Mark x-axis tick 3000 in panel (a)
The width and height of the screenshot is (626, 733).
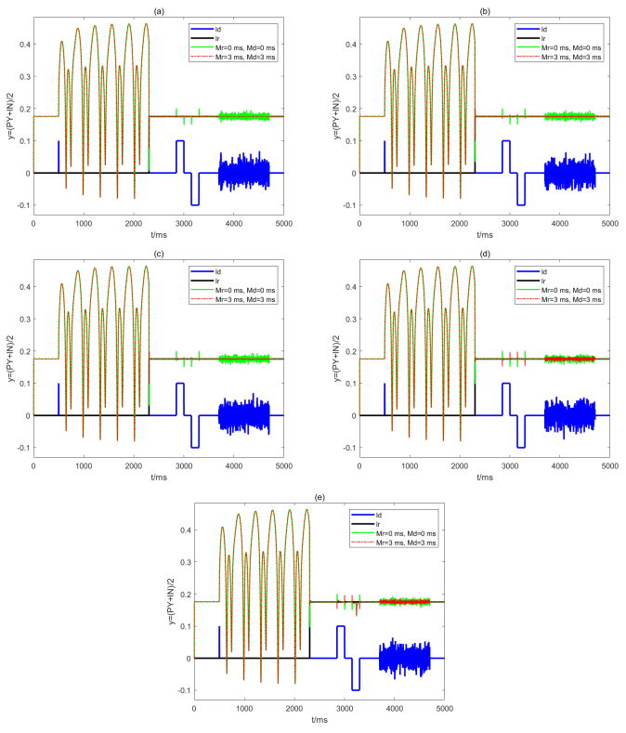pyautogui.click(x=184, y=224)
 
